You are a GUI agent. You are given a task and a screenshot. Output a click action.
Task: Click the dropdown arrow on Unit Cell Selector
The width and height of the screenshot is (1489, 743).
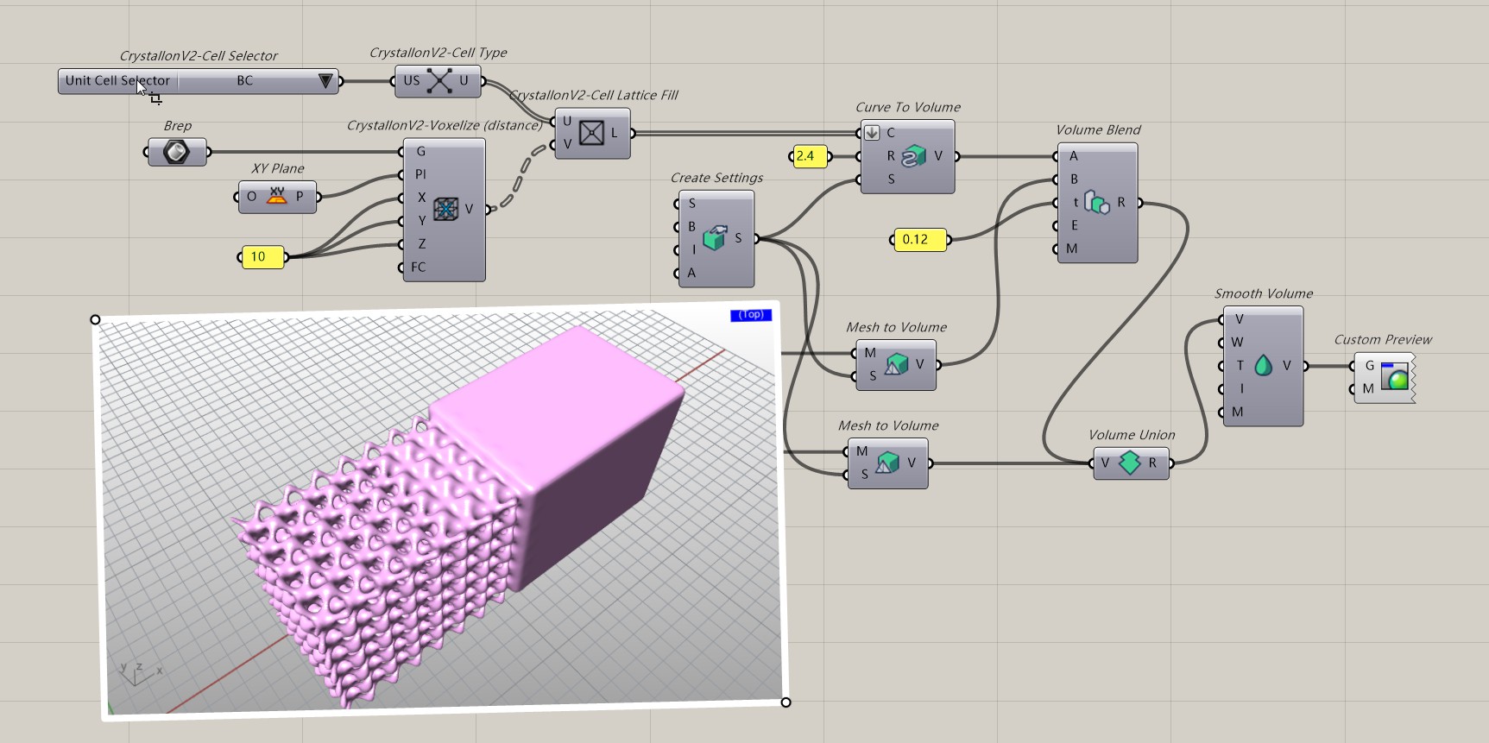click(x=325, y=81)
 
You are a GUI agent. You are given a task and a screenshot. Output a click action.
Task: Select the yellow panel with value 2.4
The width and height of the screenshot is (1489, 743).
click(x=809, y=156)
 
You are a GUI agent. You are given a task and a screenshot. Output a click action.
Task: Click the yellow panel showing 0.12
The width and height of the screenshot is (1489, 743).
click(x=918, y=240)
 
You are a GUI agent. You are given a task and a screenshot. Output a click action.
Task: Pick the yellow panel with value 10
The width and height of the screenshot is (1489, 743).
click(x=262, y=257)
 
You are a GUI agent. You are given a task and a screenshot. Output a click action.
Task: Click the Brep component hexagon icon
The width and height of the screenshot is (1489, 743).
click(x=176, y=153)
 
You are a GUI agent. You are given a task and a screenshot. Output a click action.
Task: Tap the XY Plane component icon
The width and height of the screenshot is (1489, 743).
click(x=276, y=197)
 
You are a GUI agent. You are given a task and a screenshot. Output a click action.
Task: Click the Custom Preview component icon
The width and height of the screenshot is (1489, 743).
click(x=1394, y=377)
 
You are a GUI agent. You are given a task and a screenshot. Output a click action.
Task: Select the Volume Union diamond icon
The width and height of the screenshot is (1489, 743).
click(x=1129, y=463)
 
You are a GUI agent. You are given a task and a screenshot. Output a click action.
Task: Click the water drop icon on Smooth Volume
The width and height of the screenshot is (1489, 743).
click(x=1263, y=366)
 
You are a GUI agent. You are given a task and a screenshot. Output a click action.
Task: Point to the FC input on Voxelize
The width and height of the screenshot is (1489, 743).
click(x=419, y=268)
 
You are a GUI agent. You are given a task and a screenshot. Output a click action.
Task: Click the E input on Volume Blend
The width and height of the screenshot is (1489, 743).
click(x=1074, y=226)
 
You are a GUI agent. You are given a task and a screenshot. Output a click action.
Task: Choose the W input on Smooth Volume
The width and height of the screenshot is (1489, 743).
click(x=1237, y=343)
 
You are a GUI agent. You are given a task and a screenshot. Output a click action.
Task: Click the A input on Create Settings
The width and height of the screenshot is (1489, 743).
click(x=691, y=274)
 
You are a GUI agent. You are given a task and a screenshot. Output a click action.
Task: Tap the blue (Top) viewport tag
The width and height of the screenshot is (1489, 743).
click(x=750, y=315)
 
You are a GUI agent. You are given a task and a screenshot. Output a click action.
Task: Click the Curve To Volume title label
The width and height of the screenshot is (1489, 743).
click(x=907, y=108)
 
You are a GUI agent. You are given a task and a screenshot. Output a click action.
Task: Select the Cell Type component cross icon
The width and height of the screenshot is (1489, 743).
click(x=439, y=81)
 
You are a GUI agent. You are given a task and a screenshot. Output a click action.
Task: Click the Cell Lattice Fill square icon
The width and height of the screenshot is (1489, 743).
click(x=591, y=133)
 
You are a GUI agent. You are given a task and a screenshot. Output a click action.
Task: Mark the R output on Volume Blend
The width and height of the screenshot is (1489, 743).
click(x=1121, y=203)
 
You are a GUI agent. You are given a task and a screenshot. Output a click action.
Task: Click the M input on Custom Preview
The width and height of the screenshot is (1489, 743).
click(x=1368, y=389)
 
